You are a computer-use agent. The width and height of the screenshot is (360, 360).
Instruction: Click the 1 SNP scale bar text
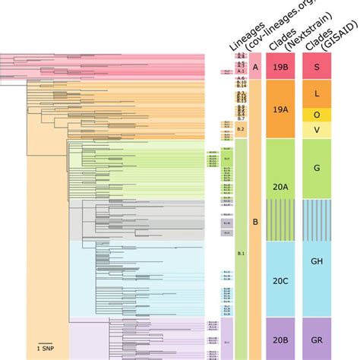click(46, 349)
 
